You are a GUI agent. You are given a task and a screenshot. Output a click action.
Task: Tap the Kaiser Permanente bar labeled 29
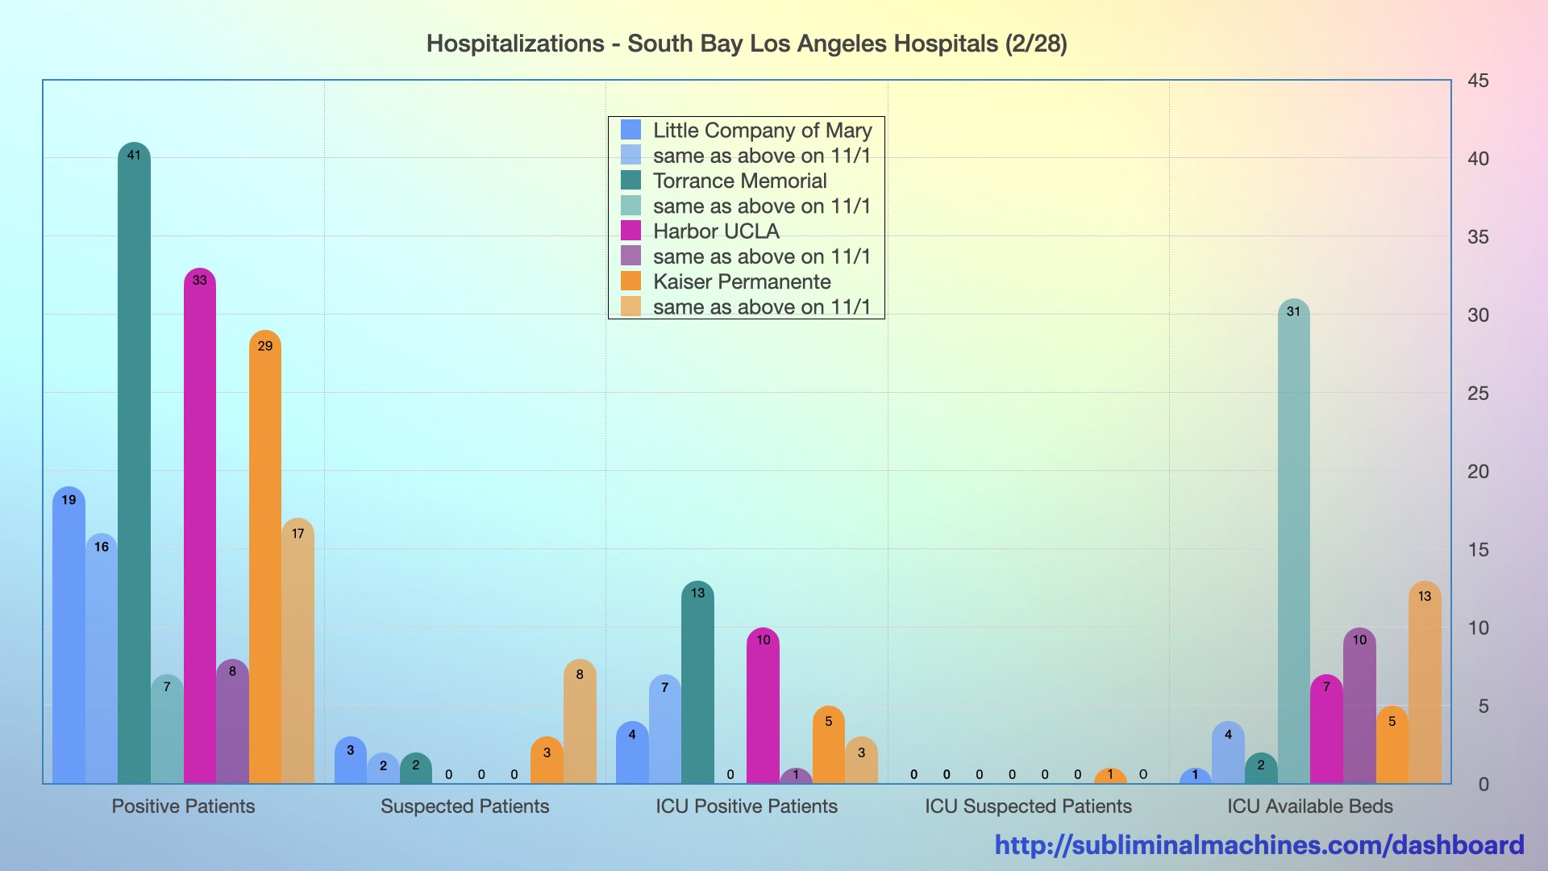[x=264, y=556]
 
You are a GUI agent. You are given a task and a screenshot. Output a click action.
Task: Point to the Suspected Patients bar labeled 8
[x=580, y=721]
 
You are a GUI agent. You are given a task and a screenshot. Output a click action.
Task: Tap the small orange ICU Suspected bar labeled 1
[x=1110, y=777]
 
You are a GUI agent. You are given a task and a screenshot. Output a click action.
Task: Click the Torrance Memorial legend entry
[x=739, y=181]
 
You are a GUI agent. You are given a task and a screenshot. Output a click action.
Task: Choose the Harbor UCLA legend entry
[x=715, y=231]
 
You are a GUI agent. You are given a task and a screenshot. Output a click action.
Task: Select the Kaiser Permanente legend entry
[x=741, y=281]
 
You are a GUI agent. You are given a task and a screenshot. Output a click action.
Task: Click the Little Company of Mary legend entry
[x=762, y=130]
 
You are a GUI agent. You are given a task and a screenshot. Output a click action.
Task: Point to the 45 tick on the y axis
[x=1478, y=81]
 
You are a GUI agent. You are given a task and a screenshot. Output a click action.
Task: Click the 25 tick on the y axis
[x=1478, y=394]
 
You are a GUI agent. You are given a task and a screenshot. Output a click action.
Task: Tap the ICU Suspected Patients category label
[x=1028, y=806]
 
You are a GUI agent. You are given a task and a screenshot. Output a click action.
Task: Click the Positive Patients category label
[x=183, y=806]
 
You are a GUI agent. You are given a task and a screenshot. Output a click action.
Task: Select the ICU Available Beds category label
[x=1309, y=806]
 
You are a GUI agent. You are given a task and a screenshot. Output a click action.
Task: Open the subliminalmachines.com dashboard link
[x=1259, y=845]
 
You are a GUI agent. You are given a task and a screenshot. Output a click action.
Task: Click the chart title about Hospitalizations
[x=747, y=44]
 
